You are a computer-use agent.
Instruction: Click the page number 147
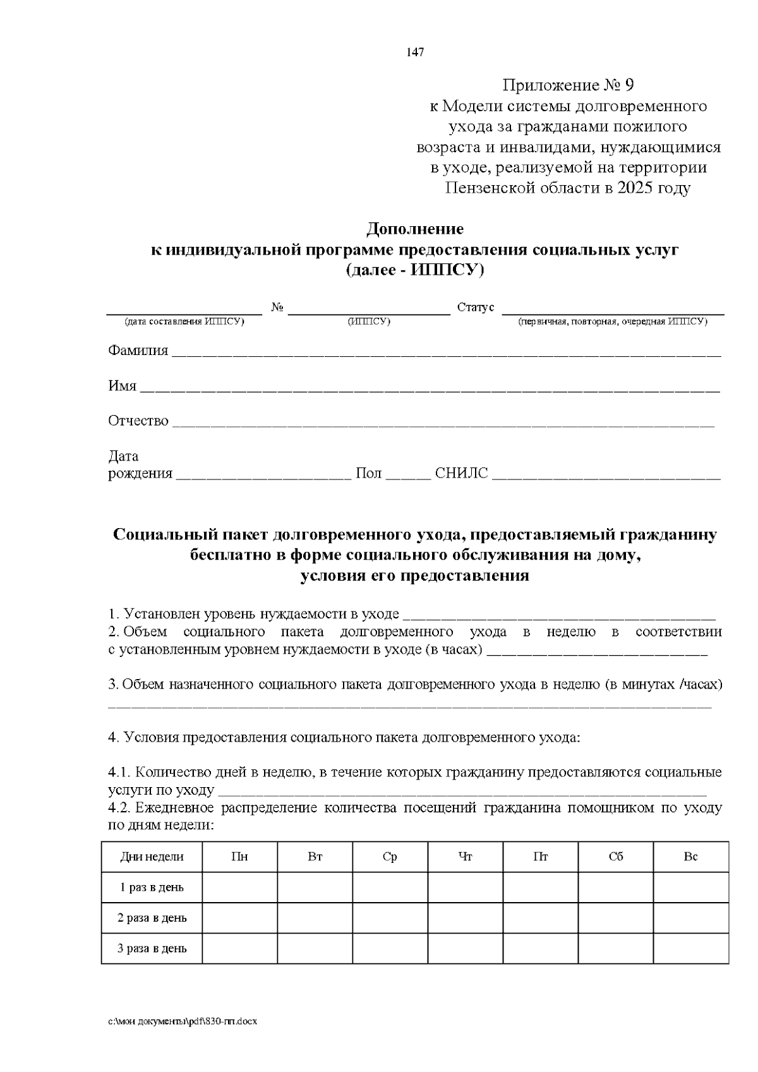[415, 52]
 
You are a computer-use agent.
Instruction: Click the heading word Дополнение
[415, 229]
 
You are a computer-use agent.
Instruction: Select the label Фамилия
[138, 351]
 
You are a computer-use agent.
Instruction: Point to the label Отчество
[138, 421]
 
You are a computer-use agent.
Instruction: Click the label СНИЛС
[462, 474]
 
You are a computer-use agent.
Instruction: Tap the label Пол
[369, 474]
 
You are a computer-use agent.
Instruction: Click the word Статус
[476, 308]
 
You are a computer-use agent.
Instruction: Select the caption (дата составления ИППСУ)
[184, 322]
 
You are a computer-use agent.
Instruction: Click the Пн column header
[239, 857]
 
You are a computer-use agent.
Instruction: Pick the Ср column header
[390, 857]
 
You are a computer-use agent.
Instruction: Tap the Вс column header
[690, 857]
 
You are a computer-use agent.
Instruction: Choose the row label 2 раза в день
[152, 918]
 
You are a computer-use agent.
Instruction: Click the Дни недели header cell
[152, 857]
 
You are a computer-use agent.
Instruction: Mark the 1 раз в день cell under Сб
[615, 888]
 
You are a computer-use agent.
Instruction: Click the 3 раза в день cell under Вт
[315, 948]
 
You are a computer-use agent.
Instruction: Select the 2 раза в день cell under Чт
[465, 918]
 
